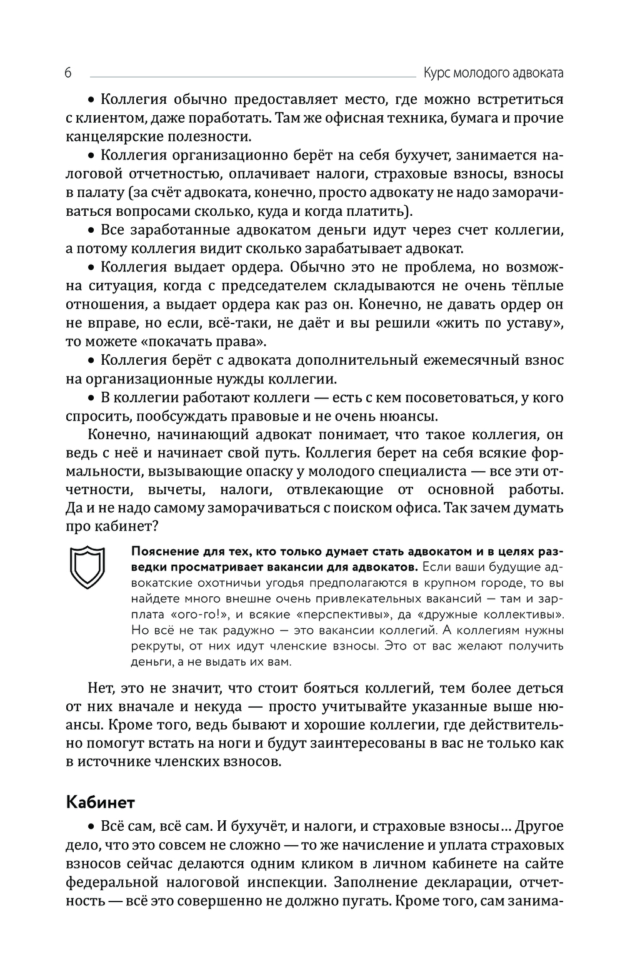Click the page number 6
click(x=68, y=73)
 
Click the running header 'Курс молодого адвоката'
click(x=493, y=73)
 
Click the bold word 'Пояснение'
click(x=164, y=552)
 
